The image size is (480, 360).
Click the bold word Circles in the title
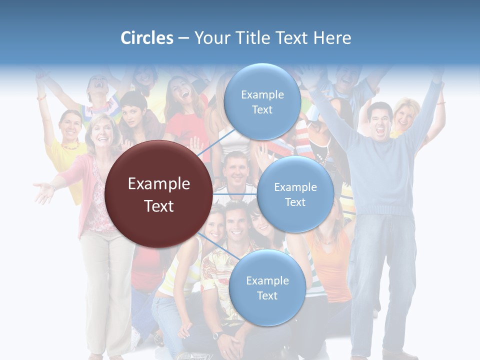point(146,38)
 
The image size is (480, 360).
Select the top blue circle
point(262,101)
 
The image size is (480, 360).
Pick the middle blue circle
point(295,194)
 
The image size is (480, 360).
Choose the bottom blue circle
point(267,287)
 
